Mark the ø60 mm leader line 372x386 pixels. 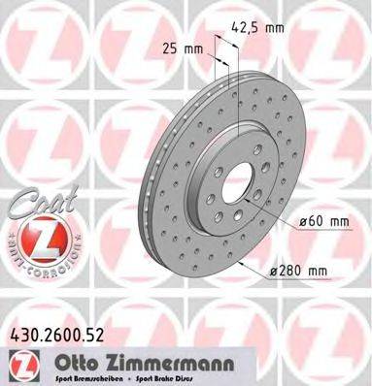(x=277, y=217)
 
